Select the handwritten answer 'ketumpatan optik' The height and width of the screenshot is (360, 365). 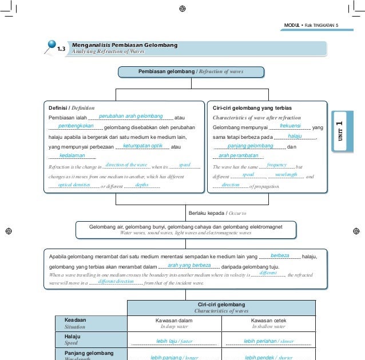coord(142,146)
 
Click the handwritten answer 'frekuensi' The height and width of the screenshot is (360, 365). coord(291,126)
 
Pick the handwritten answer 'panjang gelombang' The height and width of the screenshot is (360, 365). coord(251,146)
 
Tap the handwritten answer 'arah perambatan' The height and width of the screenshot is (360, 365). coord(239,155)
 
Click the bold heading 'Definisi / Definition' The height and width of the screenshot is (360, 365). coord(72,107)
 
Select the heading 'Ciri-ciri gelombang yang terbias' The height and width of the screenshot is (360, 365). coord(252,107)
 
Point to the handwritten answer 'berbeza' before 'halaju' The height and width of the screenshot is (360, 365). coord(280,255)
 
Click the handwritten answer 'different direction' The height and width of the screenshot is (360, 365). coord(116,282)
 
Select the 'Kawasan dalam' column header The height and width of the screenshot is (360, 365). coord(173,320)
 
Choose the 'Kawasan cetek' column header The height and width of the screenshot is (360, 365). coord(268,320)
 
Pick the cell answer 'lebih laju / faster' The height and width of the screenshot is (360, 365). coord(174,341)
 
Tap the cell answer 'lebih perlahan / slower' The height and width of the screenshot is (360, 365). coord(268,341)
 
